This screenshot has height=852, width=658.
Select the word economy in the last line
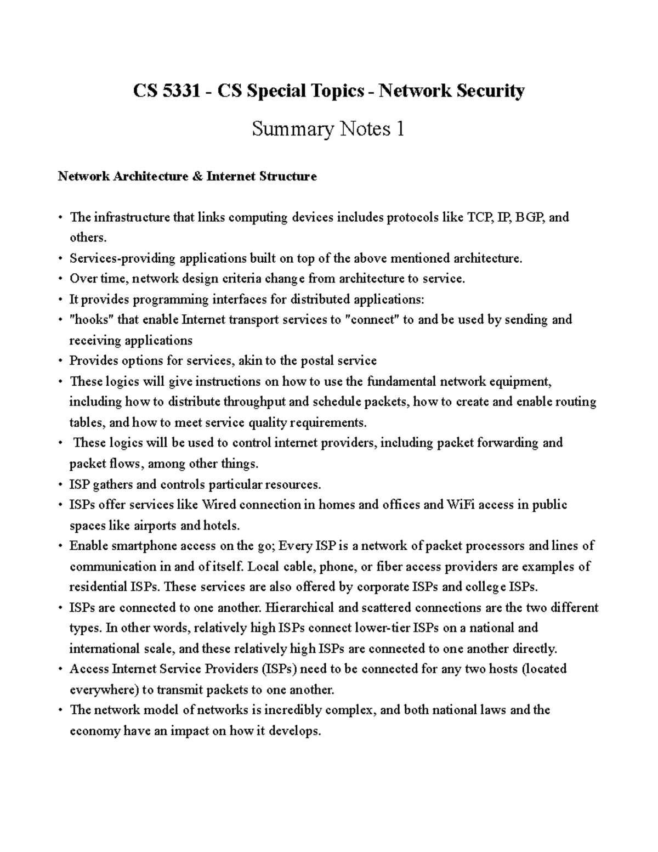coord(95,731)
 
